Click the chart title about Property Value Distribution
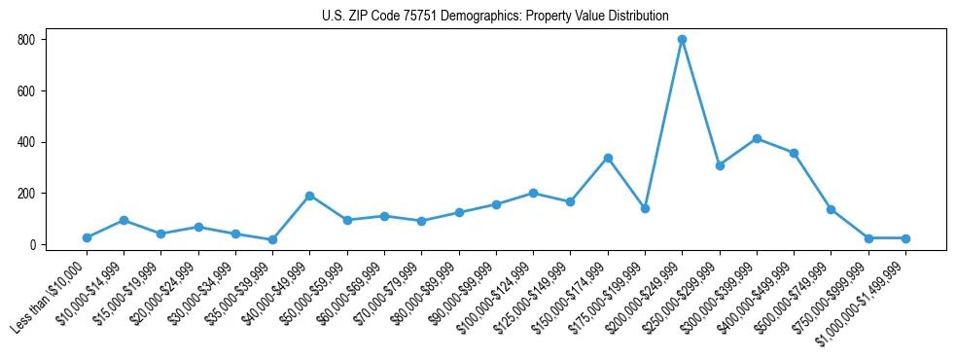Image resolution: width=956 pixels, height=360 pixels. [x=495, y=16]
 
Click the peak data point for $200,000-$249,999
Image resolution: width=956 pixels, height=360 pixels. [x=682, y=40]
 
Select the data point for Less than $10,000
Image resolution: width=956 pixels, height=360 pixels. [x=87, y=237]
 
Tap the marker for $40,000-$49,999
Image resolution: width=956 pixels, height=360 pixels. [x=309, y=196]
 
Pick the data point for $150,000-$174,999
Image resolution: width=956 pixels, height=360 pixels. [x=608, y=158]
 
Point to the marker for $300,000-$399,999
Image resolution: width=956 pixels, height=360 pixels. [x=757, y=138]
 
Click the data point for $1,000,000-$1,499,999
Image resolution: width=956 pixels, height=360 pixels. [x=905, y=238]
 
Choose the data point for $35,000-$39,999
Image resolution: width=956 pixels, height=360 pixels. [x=272, y=239]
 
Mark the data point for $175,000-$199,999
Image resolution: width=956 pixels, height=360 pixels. [x=645, y=208]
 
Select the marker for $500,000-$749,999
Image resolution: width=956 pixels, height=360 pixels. [x=831, y=209]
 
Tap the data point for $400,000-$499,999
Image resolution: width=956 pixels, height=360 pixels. [x=794, y=153]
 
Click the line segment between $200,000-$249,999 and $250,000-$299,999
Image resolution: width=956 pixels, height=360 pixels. [x=700, y=103]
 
